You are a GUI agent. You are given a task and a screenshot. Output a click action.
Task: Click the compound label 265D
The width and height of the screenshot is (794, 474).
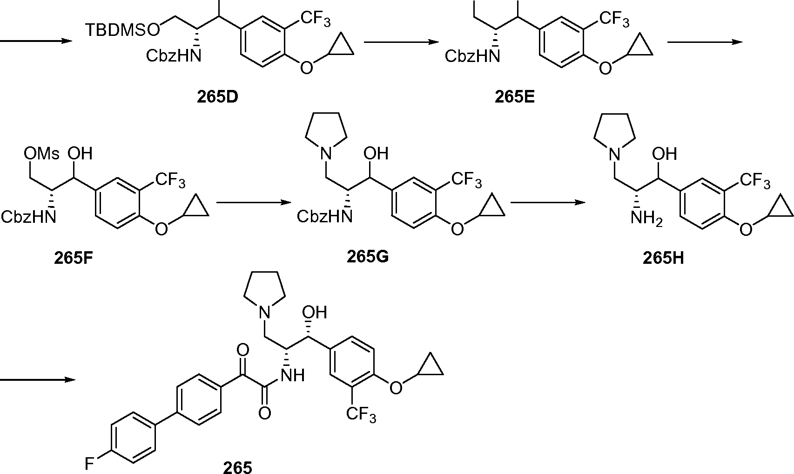click(x=217, y=98)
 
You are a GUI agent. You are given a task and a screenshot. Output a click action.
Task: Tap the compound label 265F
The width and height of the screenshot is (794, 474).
click(x=74, y=257)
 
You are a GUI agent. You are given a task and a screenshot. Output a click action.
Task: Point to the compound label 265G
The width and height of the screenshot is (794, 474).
click(x=367, y=256)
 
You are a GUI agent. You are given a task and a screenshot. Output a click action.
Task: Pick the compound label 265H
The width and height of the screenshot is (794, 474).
click(x=663, y=257)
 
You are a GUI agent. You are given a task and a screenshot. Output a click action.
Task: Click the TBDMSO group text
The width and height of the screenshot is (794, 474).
click(x=122, y=30)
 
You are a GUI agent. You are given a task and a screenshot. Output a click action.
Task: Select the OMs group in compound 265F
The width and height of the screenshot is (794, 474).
click(x=42, y=153)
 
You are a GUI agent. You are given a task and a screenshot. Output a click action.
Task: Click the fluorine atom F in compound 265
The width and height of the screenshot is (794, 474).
click(x=90, y=464)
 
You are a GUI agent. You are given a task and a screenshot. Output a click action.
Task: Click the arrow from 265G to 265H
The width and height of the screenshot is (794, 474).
click(x=547, y=203)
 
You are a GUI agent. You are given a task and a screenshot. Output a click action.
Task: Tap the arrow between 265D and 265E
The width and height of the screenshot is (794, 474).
click(x=401, y=42)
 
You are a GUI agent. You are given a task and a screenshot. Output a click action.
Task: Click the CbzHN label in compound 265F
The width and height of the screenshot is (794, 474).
click(x=28, y=216)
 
